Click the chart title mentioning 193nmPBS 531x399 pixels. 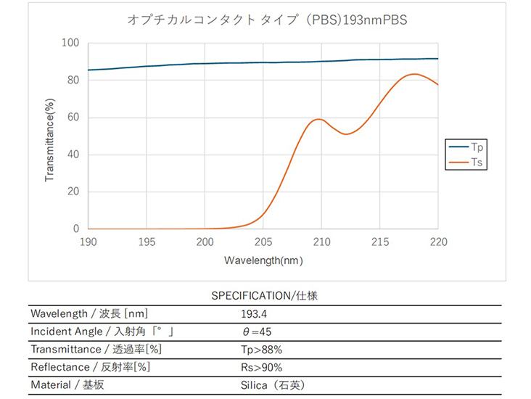267,20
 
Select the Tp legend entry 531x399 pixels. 470,146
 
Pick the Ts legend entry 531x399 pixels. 470,164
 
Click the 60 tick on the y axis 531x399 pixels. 73,118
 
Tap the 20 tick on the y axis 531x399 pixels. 73,192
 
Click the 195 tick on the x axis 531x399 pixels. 147,242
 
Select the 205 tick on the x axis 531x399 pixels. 263,242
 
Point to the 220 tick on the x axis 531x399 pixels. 438,242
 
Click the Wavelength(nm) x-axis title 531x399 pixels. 263,260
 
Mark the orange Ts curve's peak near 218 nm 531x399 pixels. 414,74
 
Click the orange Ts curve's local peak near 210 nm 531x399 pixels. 319,119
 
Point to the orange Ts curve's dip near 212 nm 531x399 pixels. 346,134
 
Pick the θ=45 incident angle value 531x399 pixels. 256,332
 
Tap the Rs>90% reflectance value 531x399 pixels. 260,367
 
